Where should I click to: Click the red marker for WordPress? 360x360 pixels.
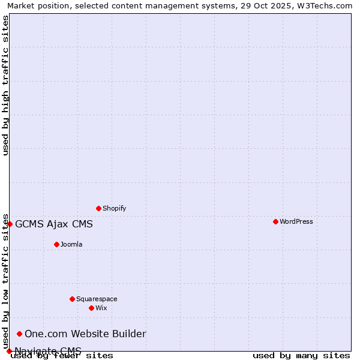[x=275, y=221]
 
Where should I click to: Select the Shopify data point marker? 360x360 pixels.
[x=98, y=208]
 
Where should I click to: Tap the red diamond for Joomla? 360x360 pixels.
[x=56, y=244]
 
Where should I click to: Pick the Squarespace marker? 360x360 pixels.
[x=72, y=299]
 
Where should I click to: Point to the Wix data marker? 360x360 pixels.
[x=91, y=308]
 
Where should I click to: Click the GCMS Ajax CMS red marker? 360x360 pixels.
[x=10, y=224]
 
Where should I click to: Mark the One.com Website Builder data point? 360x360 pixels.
[x=19, y=334]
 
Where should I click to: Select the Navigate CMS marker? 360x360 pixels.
[x=9, y=351]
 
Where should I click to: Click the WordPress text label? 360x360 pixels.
[x=296, y=221]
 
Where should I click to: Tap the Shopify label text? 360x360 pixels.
[x=114, y=208]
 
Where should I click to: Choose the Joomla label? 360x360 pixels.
[x=71, y=244]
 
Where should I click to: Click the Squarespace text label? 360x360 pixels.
[x=97, y=299]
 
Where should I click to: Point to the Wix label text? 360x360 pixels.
[x=101, y=308]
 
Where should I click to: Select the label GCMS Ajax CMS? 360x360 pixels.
[x=54, y=224]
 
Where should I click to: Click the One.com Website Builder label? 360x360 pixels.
[x=85, y=334]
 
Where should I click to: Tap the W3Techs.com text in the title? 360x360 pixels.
[x=327, y=5]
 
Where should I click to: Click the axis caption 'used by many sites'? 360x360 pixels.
[x=301, y=355]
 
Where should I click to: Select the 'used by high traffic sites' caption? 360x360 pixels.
[x=5, y=85]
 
